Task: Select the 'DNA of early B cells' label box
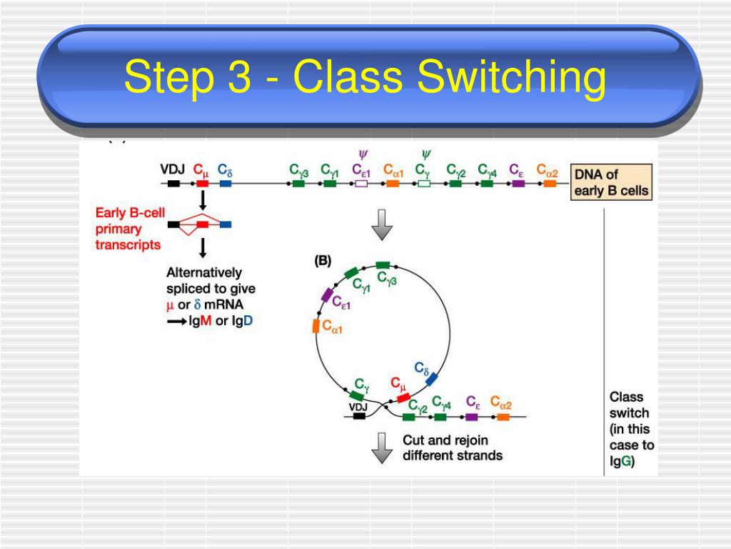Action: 612,182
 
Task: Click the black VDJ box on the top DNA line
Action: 173,184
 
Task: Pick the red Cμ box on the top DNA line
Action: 202,184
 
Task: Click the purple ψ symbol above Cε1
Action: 362,153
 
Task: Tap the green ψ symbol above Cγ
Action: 425,153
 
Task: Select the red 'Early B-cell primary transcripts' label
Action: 128,229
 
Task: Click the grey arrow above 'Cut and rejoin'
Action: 383,447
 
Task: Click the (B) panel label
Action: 323,261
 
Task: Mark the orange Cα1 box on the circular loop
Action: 316,326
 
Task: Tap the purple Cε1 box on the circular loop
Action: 327,295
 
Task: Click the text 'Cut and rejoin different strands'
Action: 452,447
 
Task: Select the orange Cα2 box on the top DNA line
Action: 549,184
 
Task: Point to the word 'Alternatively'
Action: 204,272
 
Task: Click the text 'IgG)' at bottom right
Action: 622,461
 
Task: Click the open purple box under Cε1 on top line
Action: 361,184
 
